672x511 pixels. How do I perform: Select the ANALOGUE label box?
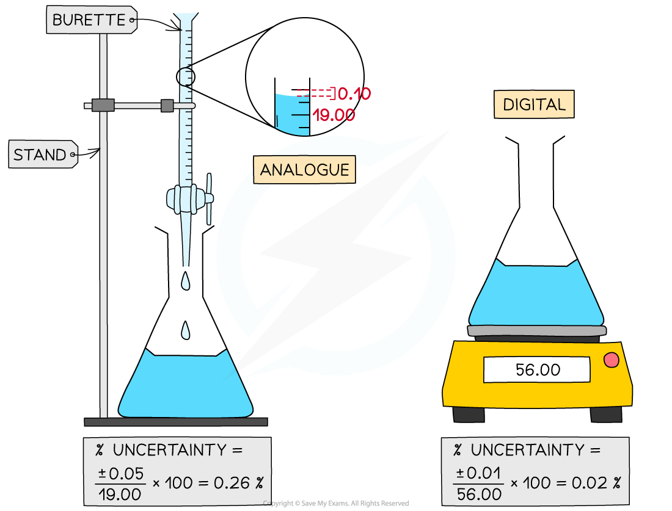point(304,170)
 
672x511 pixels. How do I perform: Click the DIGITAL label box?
point(534,105)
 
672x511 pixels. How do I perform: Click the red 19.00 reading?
point(334,115)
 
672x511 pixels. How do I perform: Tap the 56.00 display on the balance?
point(537,370)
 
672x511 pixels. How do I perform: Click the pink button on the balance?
point(611,360)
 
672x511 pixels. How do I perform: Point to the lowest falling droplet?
point(186,332)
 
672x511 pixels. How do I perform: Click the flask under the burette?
point(184,386)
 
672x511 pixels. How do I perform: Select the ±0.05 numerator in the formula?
point(120,473)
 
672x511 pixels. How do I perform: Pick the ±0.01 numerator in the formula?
point(478,473)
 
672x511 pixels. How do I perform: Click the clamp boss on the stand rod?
point(103,106)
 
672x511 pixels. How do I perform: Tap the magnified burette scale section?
point(293,114)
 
